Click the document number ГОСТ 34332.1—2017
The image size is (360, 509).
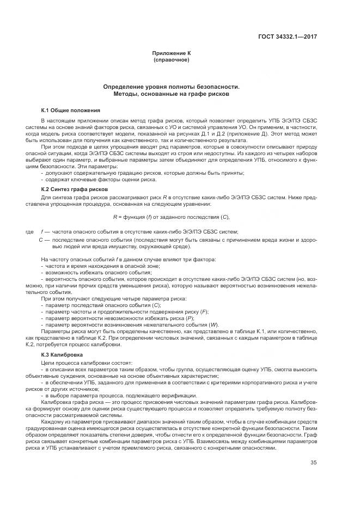(x=288, y=37)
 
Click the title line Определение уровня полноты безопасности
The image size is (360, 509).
(x=172, y=87)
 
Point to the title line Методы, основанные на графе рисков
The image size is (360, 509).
(x=172, y=94)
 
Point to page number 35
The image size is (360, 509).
(x=313, y=463)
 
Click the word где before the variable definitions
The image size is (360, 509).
(x=29, y=232)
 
